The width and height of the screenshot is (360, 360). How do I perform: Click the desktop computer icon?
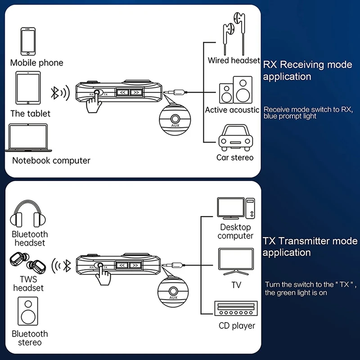[x=236, y=209]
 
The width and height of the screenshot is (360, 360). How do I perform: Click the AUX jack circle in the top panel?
[x=175, y=118]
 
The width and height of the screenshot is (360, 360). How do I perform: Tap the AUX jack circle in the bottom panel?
[x=173, y=290]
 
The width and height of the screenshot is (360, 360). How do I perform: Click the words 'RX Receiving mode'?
[x=307, y=65]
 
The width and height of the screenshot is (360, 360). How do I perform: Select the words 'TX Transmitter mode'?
[x=310, y=241]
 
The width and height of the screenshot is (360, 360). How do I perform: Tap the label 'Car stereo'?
[x=235, y=157]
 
